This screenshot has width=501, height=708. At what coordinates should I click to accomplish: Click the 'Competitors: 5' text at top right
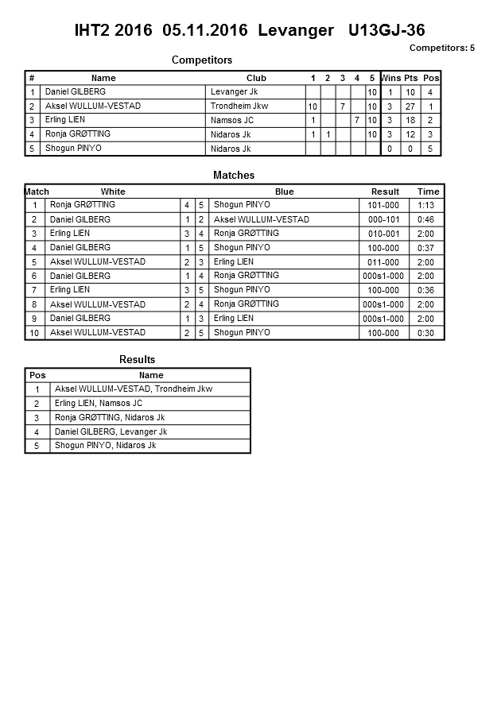441,48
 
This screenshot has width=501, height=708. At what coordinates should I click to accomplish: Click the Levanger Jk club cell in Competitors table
234,92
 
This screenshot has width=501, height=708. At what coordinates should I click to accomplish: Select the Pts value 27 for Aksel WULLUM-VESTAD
410,106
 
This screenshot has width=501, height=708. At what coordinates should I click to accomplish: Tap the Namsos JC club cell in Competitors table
232,121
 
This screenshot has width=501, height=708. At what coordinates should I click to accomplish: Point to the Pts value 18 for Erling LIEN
410,121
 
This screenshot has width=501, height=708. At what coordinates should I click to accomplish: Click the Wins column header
390,78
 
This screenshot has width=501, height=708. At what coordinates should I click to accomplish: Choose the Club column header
256,78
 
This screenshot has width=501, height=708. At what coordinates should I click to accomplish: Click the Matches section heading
234,175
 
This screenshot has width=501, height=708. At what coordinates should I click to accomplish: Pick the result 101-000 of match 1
383,205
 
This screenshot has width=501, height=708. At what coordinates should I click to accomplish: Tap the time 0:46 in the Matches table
426,219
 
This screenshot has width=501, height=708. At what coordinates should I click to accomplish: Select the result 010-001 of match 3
383,234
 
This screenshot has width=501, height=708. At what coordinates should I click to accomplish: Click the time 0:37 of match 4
426,248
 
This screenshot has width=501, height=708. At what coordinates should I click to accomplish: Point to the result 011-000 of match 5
383,262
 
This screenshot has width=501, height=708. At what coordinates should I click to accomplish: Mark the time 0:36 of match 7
426,290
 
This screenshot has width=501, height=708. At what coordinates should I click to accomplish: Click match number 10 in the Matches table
35,333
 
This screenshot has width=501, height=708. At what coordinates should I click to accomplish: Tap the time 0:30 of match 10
426,333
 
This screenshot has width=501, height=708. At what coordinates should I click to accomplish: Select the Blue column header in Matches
284,192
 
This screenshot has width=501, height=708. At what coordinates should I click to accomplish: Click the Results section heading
138,360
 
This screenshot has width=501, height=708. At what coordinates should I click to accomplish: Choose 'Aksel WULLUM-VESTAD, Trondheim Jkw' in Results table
134,389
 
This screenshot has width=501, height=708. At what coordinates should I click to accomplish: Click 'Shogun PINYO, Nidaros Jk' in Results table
105,446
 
